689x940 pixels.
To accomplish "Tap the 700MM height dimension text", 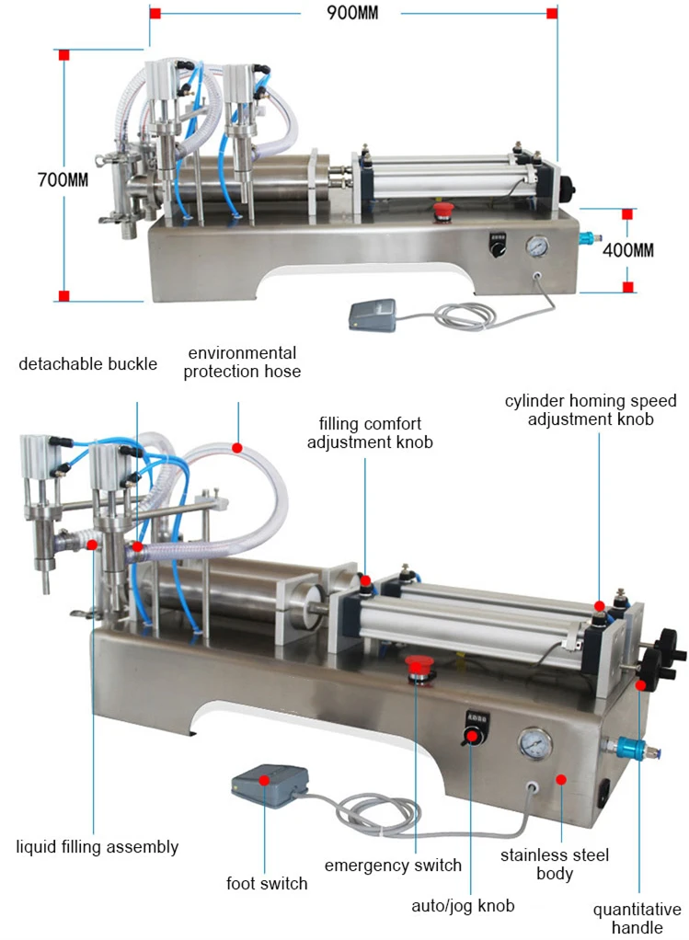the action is pos(63,180).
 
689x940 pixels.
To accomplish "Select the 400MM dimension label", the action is pos(627,250).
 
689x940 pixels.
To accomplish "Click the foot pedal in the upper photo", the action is pos(372,314).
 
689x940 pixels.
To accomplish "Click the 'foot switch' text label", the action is pos(267,884).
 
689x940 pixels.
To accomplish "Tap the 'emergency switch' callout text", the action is pos(393,865).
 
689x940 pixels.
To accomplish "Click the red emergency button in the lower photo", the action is pos(420,666).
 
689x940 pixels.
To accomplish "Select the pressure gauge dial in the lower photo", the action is pos(535,743).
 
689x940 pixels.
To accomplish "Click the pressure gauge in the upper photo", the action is pos(536,246).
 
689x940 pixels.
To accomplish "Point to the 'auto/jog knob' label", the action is pos(463,906).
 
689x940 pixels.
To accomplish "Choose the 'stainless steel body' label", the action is pos(554,864).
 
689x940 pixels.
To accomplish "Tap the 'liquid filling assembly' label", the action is pos(98,846).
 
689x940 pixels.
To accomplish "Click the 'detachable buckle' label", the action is pos(88,363).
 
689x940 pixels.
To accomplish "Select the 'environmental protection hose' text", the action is pos(241,362).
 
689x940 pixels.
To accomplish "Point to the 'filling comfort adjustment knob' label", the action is pos(370,433).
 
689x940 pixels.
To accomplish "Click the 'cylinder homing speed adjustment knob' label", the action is pos(591,409).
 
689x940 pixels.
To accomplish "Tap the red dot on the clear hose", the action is pos(236,448).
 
